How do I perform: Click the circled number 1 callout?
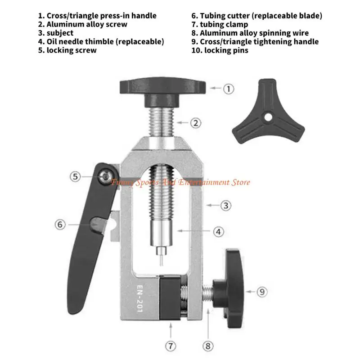tap(229, 89)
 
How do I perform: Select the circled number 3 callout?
tap(226, 206)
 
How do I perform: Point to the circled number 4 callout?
tap(218, 232)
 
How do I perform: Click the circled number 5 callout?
tap(76, 176)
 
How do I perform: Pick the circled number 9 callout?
tap(262, 292)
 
